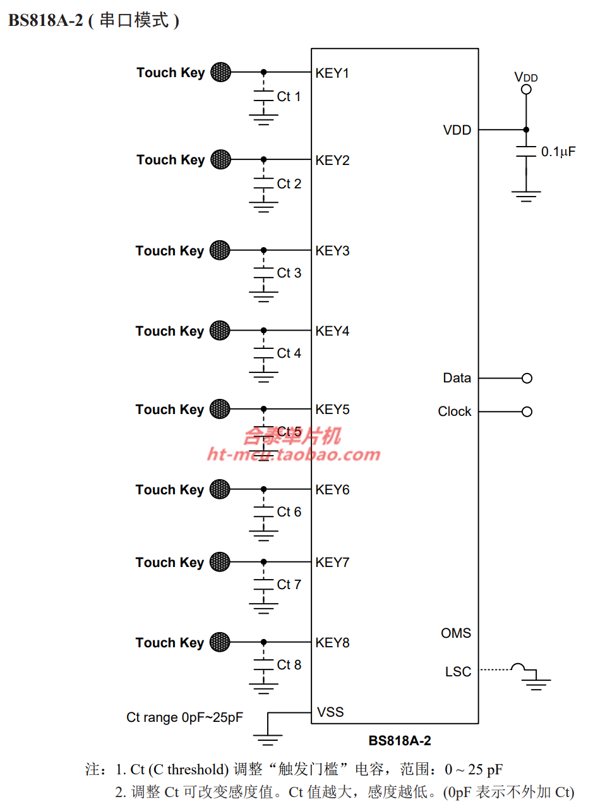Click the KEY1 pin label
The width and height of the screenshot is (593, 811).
click(332, 73)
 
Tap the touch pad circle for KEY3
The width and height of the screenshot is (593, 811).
click(220, 250)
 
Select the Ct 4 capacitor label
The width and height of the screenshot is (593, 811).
click(289, 353)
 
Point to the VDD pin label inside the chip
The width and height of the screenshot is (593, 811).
click(457, 130)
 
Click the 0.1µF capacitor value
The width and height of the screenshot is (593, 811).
click(558, 152)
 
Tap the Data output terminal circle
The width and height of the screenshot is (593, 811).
click(527, 378)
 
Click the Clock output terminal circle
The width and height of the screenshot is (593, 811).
click(527, 412)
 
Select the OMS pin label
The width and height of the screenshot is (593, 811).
click(456, 633)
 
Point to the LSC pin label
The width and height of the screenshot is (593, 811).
click(458, 671)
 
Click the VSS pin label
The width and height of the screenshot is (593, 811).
click(330, 712)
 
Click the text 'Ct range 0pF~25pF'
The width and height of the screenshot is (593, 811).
click(185, 717)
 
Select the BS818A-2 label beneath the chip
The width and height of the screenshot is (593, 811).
click(400, 740)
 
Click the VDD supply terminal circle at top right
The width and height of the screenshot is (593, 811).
click(526, 89)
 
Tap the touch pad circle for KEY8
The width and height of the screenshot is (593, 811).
click(220, 642)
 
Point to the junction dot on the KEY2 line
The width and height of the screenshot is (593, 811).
click(264, 159)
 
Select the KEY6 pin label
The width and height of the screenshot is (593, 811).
click(332, 490)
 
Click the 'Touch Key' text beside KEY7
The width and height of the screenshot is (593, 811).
click(170, 563)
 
